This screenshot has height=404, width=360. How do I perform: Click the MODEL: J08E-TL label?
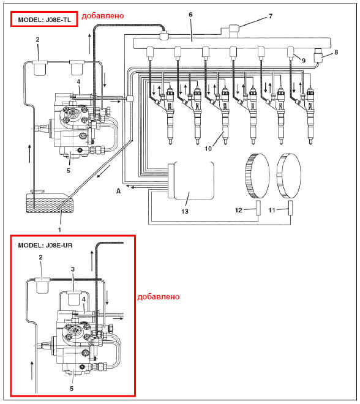pyautogui.click(x=44, y=20)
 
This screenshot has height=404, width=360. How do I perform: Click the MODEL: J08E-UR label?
pyautogui.click(x=45, y=245)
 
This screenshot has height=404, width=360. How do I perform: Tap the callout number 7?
pyautogui.click(x=271, y=16)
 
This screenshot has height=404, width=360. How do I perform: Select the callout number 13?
pyautogui.click(x=185, y=211)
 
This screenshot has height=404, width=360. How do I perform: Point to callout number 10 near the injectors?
pyautogui.click(x=208, y=149)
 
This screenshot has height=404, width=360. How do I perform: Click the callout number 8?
pyautogui.click(x=336, y=52)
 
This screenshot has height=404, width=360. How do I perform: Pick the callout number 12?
pyautogui.click(x=239, y=210)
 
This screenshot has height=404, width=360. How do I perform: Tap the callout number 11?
pyautogui.click(x=272, y=210)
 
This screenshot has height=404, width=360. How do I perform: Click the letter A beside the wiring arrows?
pyautogui.click(x=118, y=191)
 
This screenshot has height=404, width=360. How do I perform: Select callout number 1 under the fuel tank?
pyautogui.click(x=59, y=230)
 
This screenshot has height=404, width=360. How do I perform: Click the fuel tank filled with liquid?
pyautogui.click(x=50, y=203)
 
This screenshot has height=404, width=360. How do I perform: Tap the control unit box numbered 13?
pyautogui.click(x=191, y=181)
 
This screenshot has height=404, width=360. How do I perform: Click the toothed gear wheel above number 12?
pyautogui.click(x=257, y=176)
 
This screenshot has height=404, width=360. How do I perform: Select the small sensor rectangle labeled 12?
pyautogui.click(x=258, y=208)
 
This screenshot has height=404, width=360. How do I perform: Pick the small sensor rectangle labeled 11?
pyautogui.click(x=291, y=208)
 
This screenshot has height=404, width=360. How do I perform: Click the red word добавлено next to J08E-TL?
pyautogui.click(x=103, y=16)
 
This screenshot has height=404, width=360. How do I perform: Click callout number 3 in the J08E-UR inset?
pyautogui.click(x=73, y=269)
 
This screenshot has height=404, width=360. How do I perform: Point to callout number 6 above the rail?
pyautogui.click(x=190, y=15)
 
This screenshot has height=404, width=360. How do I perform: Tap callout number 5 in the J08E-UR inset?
pyautogui.click(x=72, y=389)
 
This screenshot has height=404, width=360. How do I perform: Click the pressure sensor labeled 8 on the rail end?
pyautogui.click(x=319, y=54)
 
